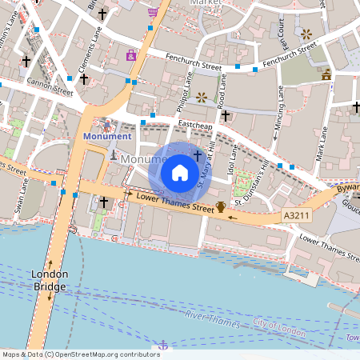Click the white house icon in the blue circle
[x=180, y=172]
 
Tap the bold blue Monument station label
[x=107, y=137]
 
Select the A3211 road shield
[x=296, y=216]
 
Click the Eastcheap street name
[x=194, y=125]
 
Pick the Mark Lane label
[x=325, y=149]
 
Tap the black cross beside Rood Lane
[x=225, y=116]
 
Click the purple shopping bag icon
[x=130, y=55]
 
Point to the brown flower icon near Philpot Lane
[x=202, y=98]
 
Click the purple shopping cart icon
[x=153, y=12]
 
